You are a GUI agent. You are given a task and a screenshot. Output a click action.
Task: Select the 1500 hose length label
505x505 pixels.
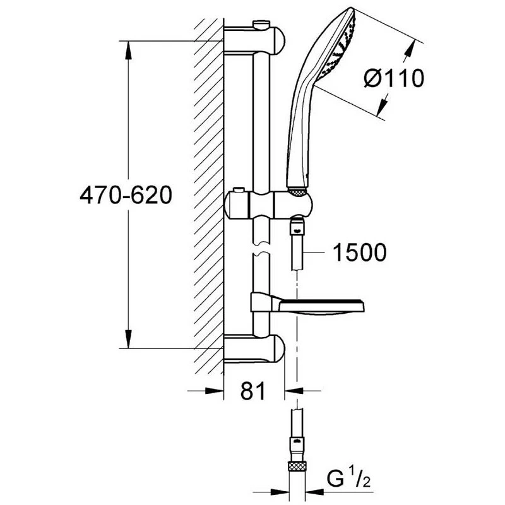[x=359, y=253]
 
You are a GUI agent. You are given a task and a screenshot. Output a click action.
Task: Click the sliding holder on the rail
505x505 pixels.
[x=268, y=204]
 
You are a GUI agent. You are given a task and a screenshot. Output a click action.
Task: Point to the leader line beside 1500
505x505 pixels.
[x=316, y=252]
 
